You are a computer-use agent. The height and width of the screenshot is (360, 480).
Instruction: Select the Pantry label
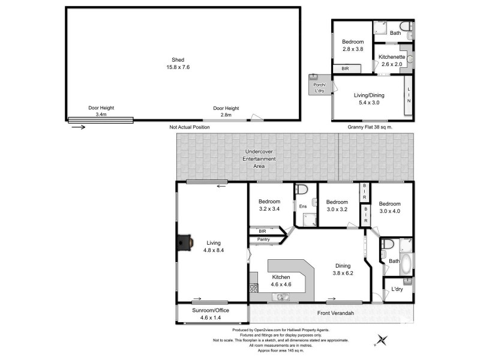[x=263, y=240]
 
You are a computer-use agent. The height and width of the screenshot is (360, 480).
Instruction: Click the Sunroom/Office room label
[x=211, y=314]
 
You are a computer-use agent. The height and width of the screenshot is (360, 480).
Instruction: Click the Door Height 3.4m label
[x=101, y=111]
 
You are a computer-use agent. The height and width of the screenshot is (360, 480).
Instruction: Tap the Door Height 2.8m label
[x=226, y=111]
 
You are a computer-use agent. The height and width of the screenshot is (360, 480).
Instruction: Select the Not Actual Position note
[x=190, y=128]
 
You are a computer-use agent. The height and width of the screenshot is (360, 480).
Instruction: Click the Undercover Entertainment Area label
[x=259, y=159]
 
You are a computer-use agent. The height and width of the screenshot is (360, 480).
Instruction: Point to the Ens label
[x=303, y=206]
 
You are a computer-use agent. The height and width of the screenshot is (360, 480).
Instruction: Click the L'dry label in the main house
[x=397, y=289]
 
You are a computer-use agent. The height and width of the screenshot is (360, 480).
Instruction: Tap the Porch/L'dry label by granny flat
[x=317, y=88]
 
